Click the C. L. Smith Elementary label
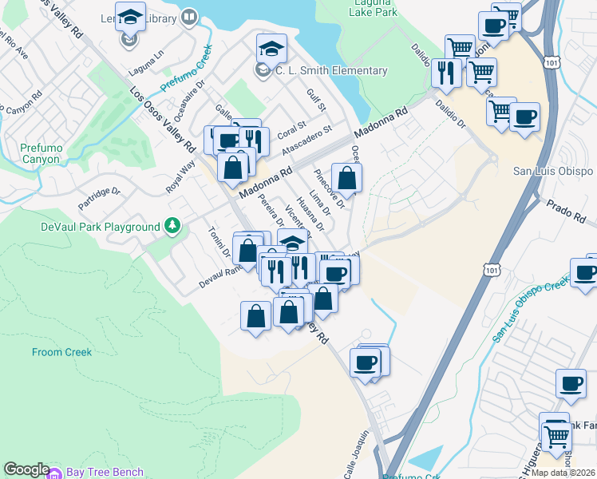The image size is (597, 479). pos(331,71)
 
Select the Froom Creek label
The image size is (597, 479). pos(62,351)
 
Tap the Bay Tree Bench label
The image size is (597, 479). pos(105,473)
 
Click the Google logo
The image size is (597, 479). pos(26,469)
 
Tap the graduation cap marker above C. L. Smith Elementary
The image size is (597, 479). pos(271,49)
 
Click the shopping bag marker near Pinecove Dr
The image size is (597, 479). pos(346,176)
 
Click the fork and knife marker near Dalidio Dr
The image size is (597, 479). pos(444,73)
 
